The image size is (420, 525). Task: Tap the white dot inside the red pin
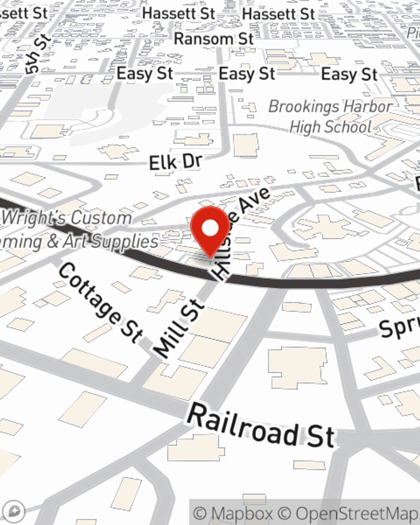click(x=210, y=228)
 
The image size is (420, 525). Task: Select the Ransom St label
click(x=214, y=39)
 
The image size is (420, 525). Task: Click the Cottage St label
click(x=101, y=301)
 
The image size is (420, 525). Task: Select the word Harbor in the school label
click(x=367, y=107)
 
